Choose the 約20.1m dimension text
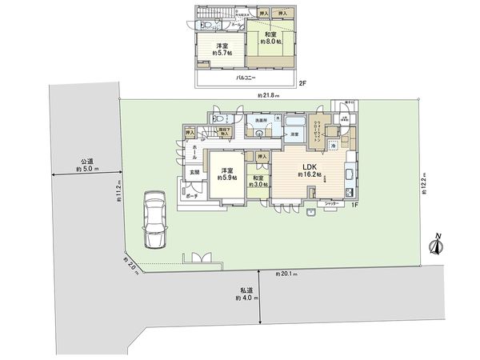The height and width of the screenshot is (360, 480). tap(286, 274)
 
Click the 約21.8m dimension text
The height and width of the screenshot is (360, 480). tap(270, 96)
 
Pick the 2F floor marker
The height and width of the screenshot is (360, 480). tap(302, 82)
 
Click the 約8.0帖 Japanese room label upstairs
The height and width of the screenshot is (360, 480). tap(267, 42)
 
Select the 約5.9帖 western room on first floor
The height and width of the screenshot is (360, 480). tap(227, 174)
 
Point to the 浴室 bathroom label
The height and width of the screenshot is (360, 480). tap(294, 134)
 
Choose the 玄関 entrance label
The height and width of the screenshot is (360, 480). tap(194, 172)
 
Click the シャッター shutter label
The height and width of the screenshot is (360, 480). tap(331, 204)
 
